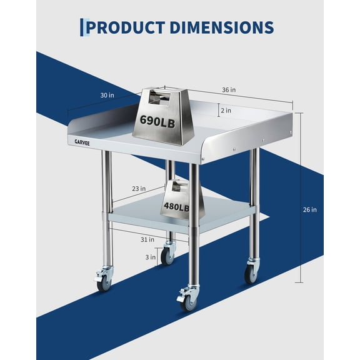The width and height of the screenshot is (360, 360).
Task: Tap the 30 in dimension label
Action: [x=107, y=95]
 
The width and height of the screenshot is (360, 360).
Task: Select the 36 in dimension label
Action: [x=229, y=89]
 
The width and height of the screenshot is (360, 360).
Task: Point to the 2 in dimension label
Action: [x=226, y=111]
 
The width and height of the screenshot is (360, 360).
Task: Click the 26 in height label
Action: [x=310, y=209]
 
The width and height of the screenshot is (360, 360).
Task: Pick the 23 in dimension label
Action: [x=139, y=188]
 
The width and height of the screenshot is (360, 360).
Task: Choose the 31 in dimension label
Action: [x=147, y=238]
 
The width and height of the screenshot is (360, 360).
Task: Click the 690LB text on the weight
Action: [x=157, y=121]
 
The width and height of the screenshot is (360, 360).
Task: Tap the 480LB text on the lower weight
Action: [x=176, y=207]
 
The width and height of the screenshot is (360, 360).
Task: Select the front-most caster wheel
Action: [x=188, y=302]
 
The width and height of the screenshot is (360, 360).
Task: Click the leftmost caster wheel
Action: [x=104, y=283]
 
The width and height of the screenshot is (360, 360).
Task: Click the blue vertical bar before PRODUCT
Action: [x=81, y=27]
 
